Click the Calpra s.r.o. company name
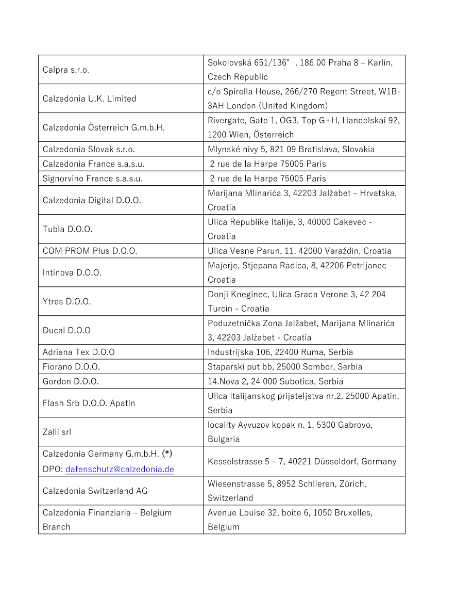point(66,70)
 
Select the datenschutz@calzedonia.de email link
point(120,469)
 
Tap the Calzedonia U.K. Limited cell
point(89,99)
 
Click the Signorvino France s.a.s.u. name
point(93,179)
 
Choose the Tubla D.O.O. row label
point(67,229)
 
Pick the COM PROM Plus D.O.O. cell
point(90,251)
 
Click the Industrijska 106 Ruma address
point(280,352)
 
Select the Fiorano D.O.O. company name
point(71,367)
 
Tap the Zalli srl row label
point(57,432)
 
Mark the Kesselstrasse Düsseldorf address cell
point(302,461)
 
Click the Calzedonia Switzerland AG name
point(95,491)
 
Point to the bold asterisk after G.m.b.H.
point(167,454)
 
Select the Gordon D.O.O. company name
point(71,381)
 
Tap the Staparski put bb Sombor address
point(285,367)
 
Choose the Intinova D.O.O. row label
point(72,272)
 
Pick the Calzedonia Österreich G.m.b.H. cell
point(104,127)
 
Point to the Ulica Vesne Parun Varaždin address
point(299,251)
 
